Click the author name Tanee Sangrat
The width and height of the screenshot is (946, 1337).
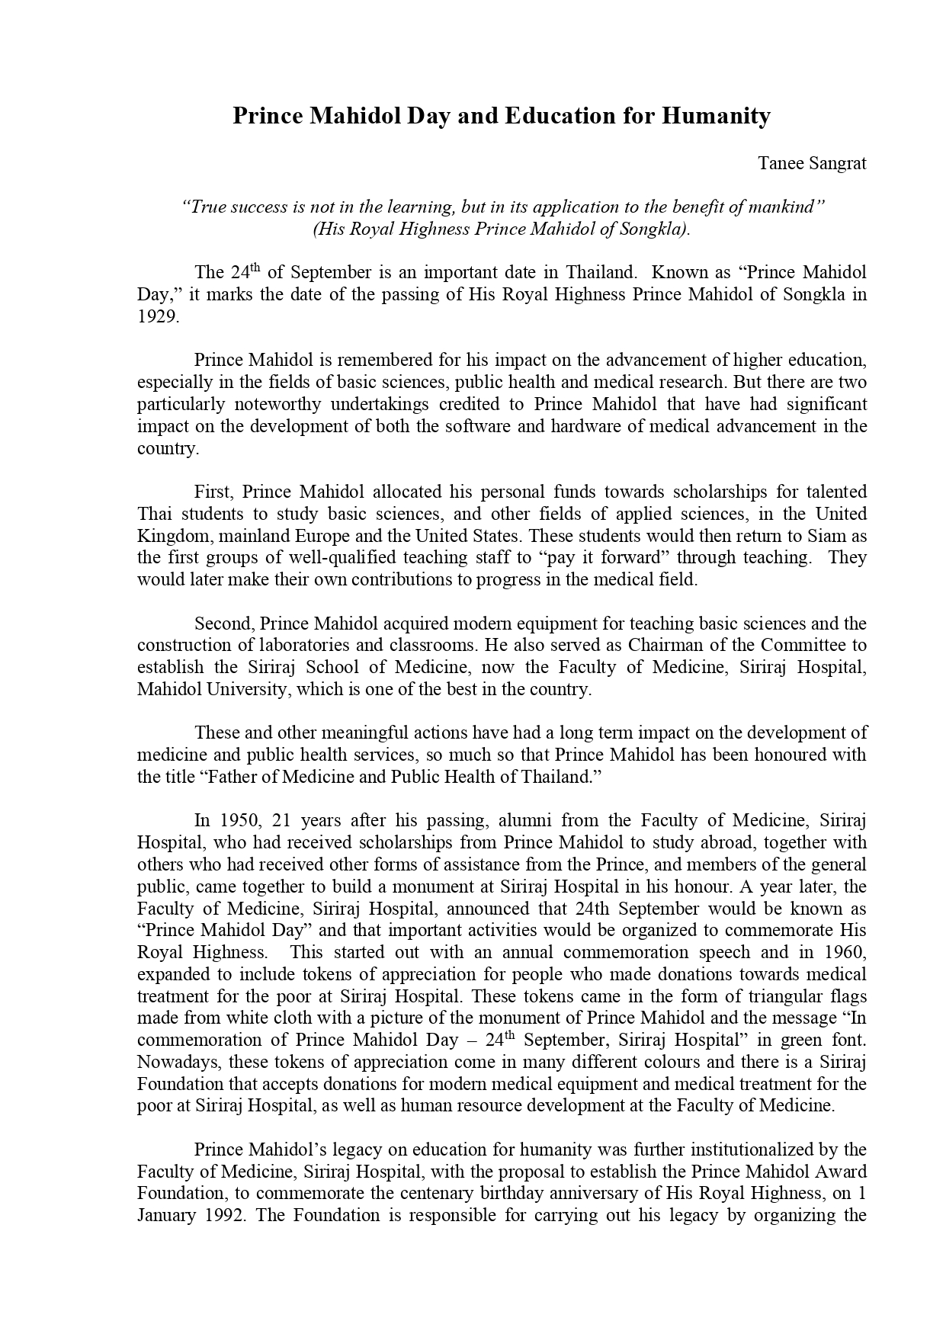[x=812, y=163]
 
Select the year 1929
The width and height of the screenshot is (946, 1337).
[x=157, y=317]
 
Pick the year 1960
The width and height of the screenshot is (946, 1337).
[x=845, y=952]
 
